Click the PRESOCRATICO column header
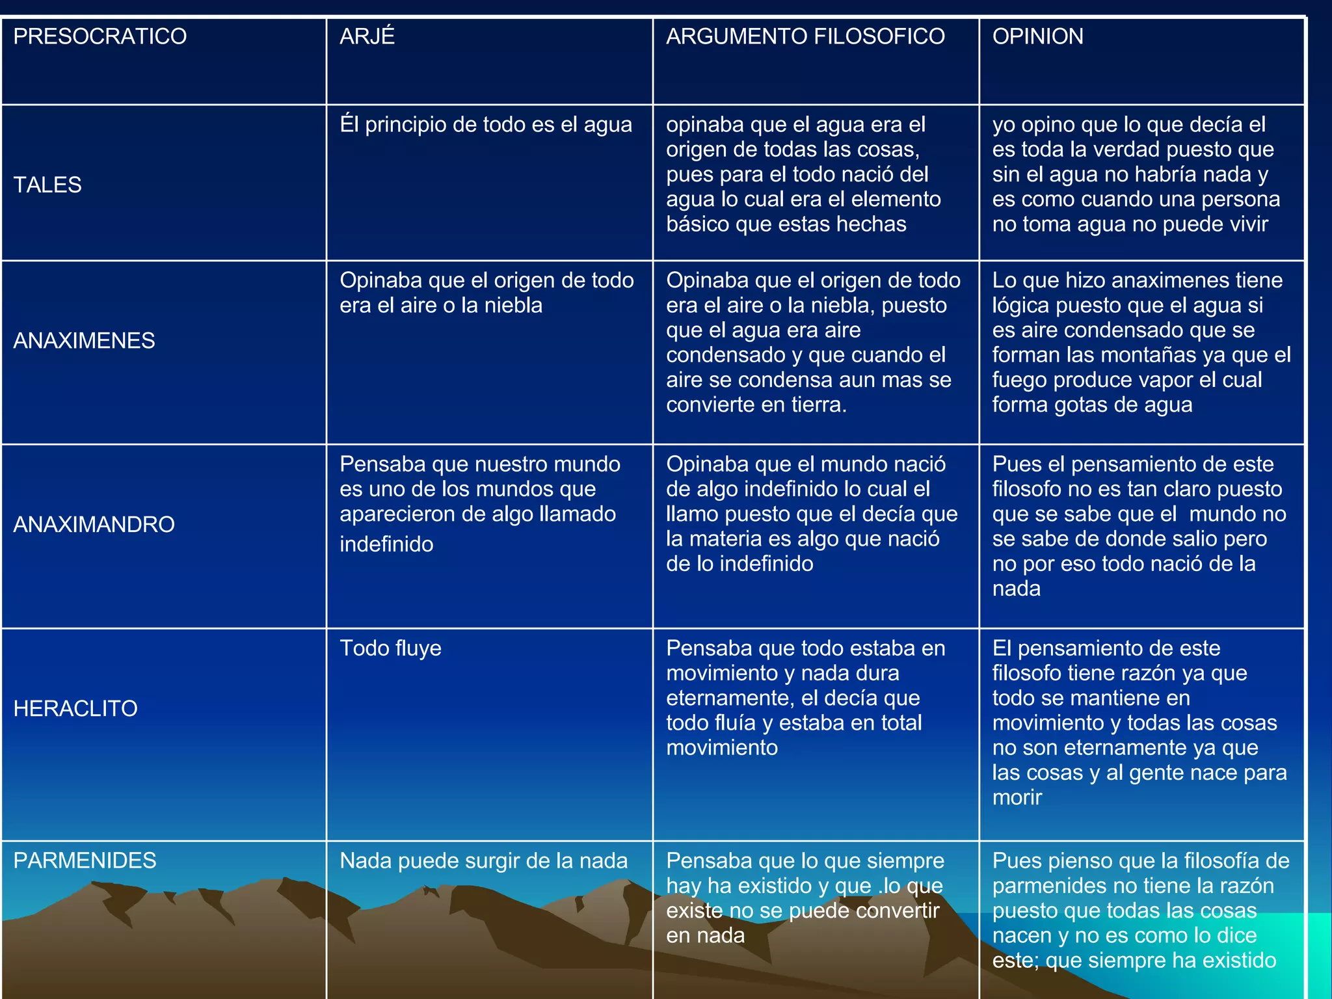[100, 36]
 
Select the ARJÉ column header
[367, 36]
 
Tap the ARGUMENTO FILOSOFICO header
[805, 36]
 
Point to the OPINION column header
[1037, 36]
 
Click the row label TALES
[47, 185]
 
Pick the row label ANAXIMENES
[84, 341]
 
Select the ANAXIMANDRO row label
[94, 525]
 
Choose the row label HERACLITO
[75, 709]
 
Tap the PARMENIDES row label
[85, 861]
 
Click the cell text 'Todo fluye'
[390, 648]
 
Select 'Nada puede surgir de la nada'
[483, 861]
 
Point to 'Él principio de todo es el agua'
[485, 125]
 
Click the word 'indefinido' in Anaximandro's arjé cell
[386, 544]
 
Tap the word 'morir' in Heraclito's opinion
[1017, 798]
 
